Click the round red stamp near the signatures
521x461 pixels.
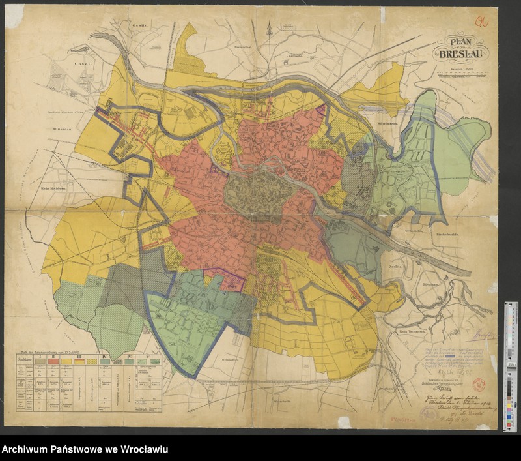[x=476, y=385]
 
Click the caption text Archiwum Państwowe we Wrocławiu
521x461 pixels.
[x=85, y=450]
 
